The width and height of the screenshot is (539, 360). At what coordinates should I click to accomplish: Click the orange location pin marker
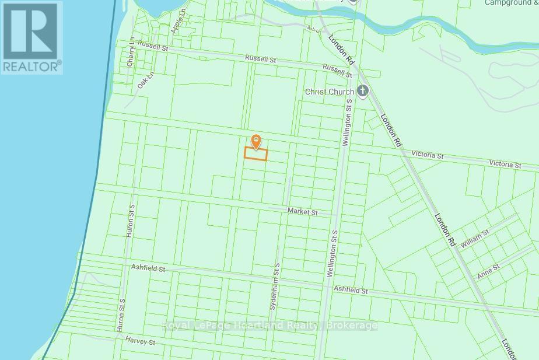pyautogui.click(x=256, y=141)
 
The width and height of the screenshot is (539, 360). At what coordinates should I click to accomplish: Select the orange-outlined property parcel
pyautogui.click(x=256, y=154)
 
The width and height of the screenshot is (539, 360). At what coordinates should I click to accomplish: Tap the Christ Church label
pyautogui.click(x=330, y=92)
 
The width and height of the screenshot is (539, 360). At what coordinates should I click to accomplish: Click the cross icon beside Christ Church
pyautogui.click(x=363, y=91)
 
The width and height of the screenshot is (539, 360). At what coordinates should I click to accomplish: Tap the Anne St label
pyautogui.click(x=488, y=270)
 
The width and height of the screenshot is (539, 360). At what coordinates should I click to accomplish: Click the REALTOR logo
pyautogui.click(x=32, y=37)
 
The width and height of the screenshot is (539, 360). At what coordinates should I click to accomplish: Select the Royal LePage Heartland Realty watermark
pyautogui.click(x=269, y=326)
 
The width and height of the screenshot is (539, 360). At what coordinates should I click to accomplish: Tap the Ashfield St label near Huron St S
pyautogui.click(x=148, y=269)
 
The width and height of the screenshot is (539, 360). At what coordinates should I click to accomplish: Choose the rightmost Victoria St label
pyautogui.click(x=505, y=165)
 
